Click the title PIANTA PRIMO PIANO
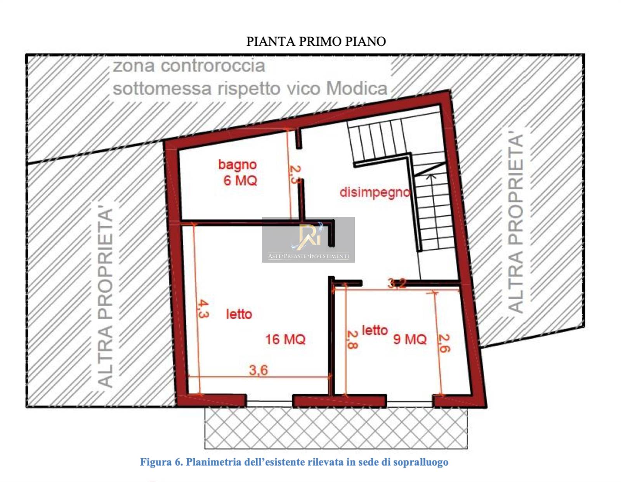click(316, 42)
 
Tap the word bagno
click(237, 165)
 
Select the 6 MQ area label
click(240, 180)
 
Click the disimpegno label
click(375, 192)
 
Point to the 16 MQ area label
click(285, 340)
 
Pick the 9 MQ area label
click(410, 339)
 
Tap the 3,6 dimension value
click(258, 370)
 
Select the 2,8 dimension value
click(352, 339)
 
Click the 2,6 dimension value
click(444, 343)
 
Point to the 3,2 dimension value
click(397, 284)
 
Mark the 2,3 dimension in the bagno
click(295, 174)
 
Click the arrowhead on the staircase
click(430, 177)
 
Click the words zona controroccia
click(189, 66)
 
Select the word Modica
click(357, 89)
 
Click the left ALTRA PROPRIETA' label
click(105, 297)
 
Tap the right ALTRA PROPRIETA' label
click(515, 223)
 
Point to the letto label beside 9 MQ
click(375, 330)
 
